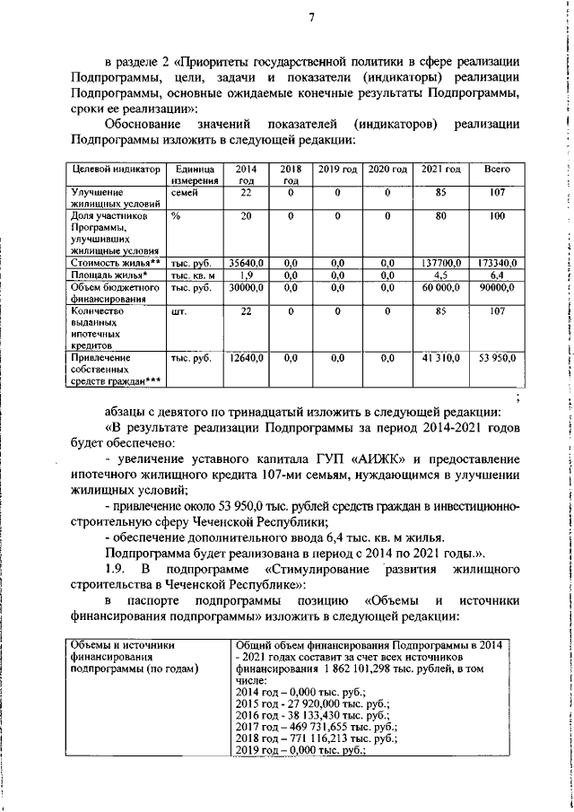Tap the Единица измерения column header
(x=194, y=174)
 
